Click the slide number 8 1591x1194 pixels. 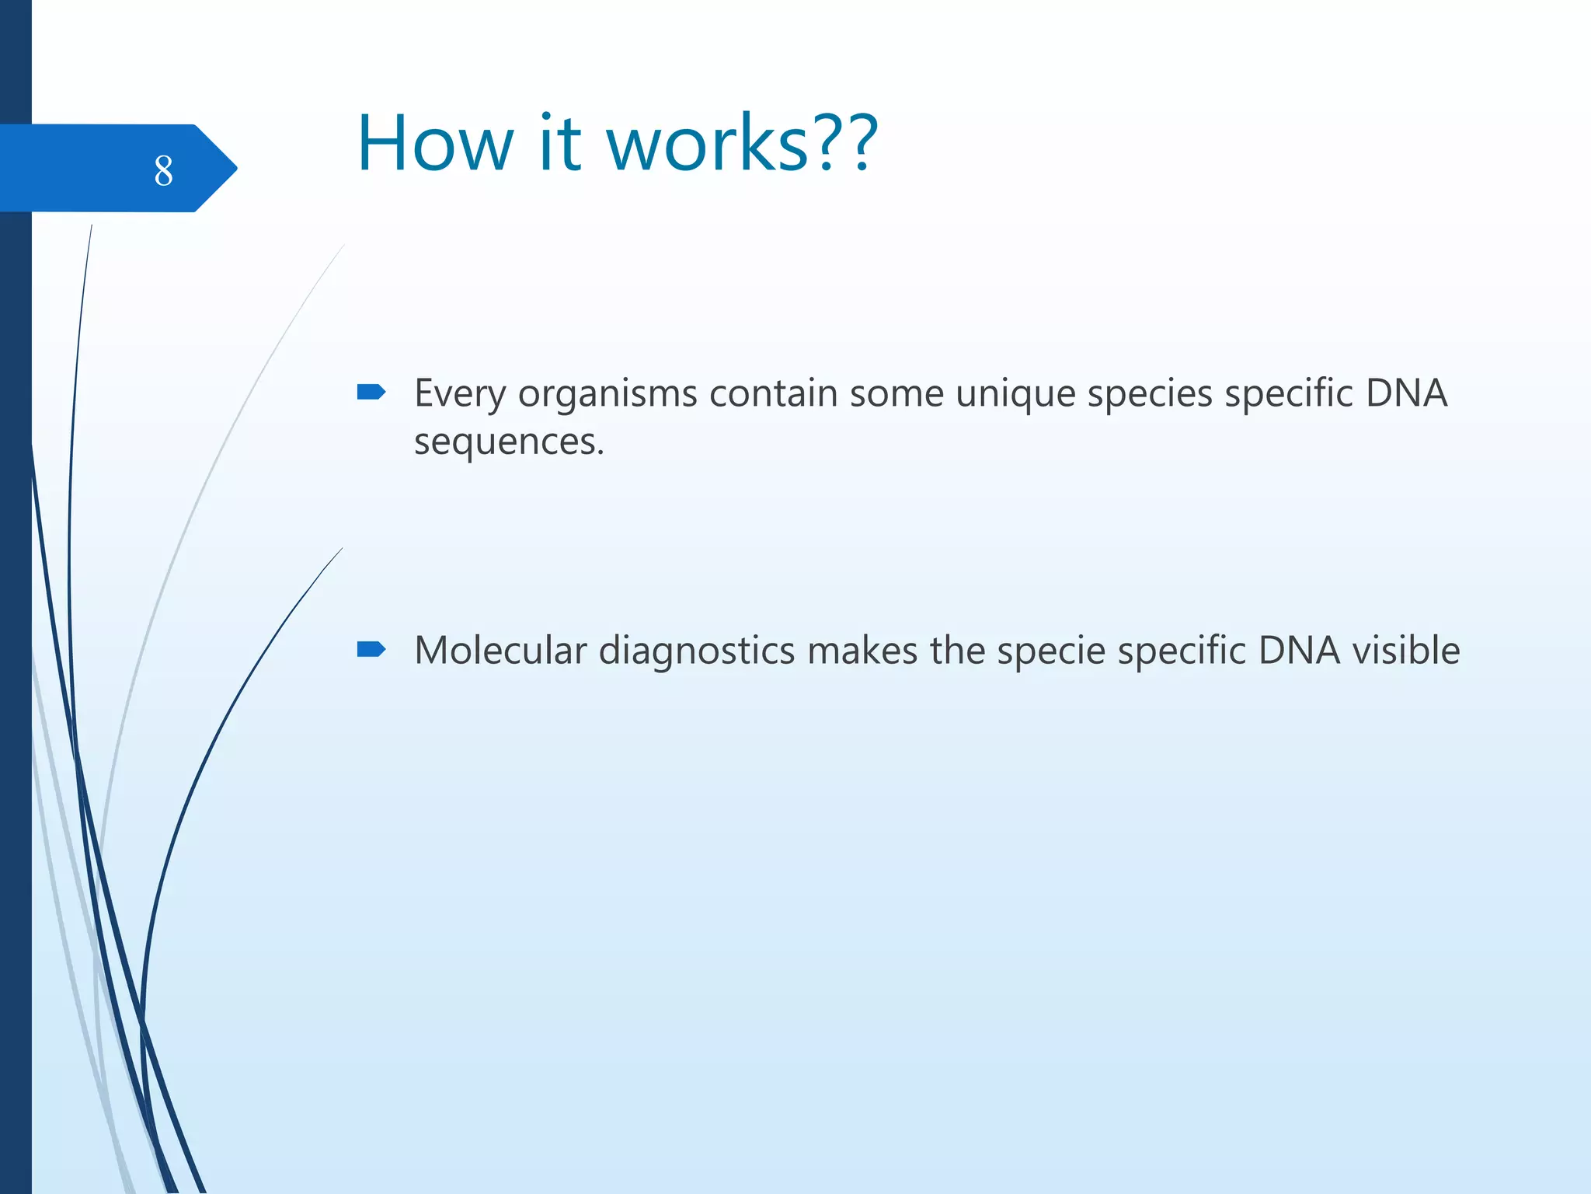163,170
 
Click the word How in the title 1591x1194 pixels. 435,144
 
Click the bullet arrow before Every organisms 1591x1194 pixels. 371,392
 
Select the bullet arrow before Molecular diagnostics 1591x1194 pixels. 371,649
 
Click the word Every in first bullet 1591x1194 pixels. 460,394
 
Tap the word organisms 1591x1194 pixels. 608,394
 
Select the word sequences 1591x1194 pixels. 508,442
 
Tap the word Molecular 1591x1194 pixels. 500,651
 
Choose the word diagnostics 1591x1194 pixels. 697,651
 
